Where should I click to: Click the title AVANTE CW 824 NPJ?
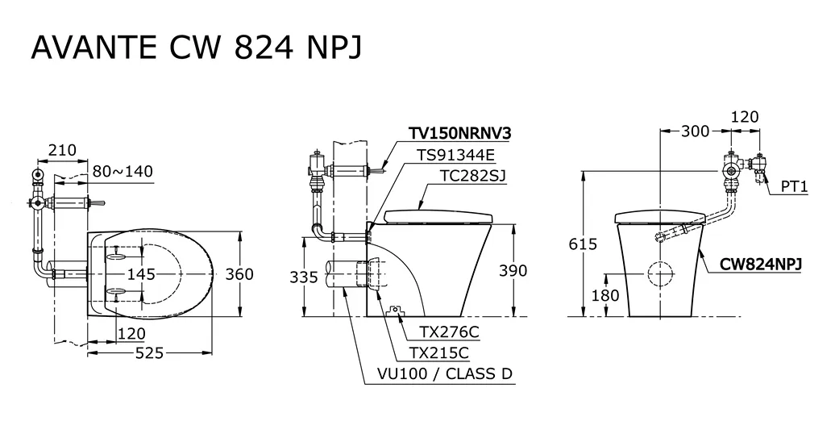[x=197, y=48]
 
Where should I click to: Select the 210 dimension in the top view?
[x=62, y=150]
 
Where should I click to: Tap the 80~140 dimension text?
[x=123, y=172]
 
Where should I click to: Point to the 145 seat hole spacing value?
[x=142, y=274]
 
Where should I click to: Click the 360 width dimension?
[x=239, y=274]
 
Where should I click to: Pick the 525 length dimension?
[x=150, y=352]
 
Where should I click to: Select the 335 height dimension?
[x=304, y=277]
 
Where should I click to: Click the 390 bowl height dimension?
[x=513, y=271]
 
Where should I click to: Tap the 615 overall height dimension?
[x=583, y=244]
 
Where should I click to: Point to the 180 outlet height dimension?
[x=605, y=294]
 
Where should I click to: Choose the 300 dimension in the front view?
[x=695, y=131]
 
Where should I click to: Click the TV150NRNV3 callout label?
[x=459, y=133]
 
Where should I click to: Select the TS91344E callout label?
[x=455, y=155]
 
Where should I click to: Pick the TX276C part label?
[x=449, y=332]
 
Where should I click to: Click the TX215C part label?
[x=439, y=352]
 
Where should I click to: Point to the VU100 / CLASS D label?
[x=444, y=373]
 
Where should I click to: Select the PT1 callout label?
[x=795, y=187]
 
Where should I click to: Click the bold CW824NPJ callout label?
[x=761, y=265]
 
